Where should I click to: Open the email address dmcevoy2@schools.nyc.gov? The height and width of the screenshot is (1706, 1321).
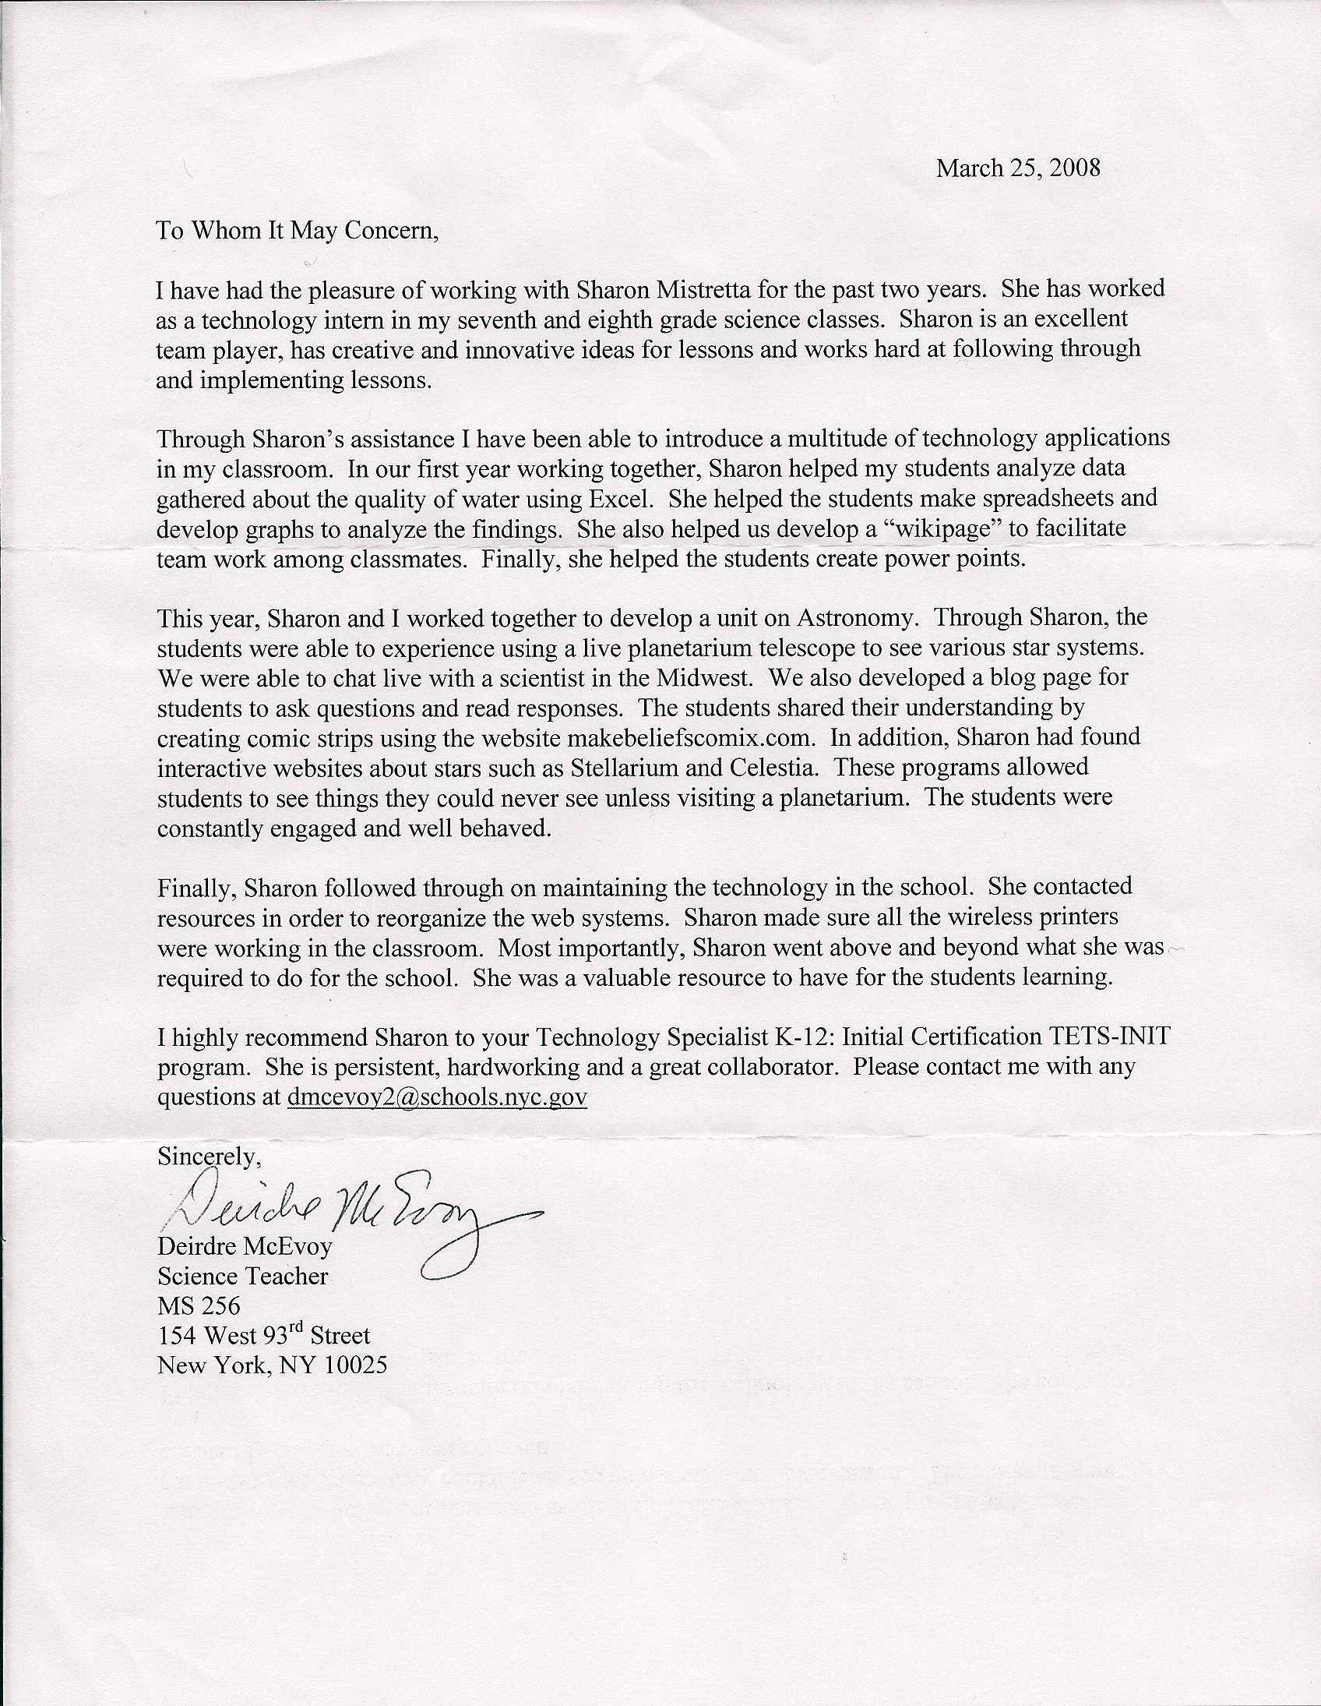[436, 1097]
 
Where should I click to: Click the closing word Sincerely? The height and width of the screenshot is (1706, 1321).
[206, 1156]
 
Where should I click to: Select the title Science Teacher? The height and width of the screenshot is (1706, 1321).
[243, 1276]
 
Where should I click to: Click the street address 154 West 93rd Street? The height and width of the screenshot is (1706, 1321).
[264, 1336]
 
